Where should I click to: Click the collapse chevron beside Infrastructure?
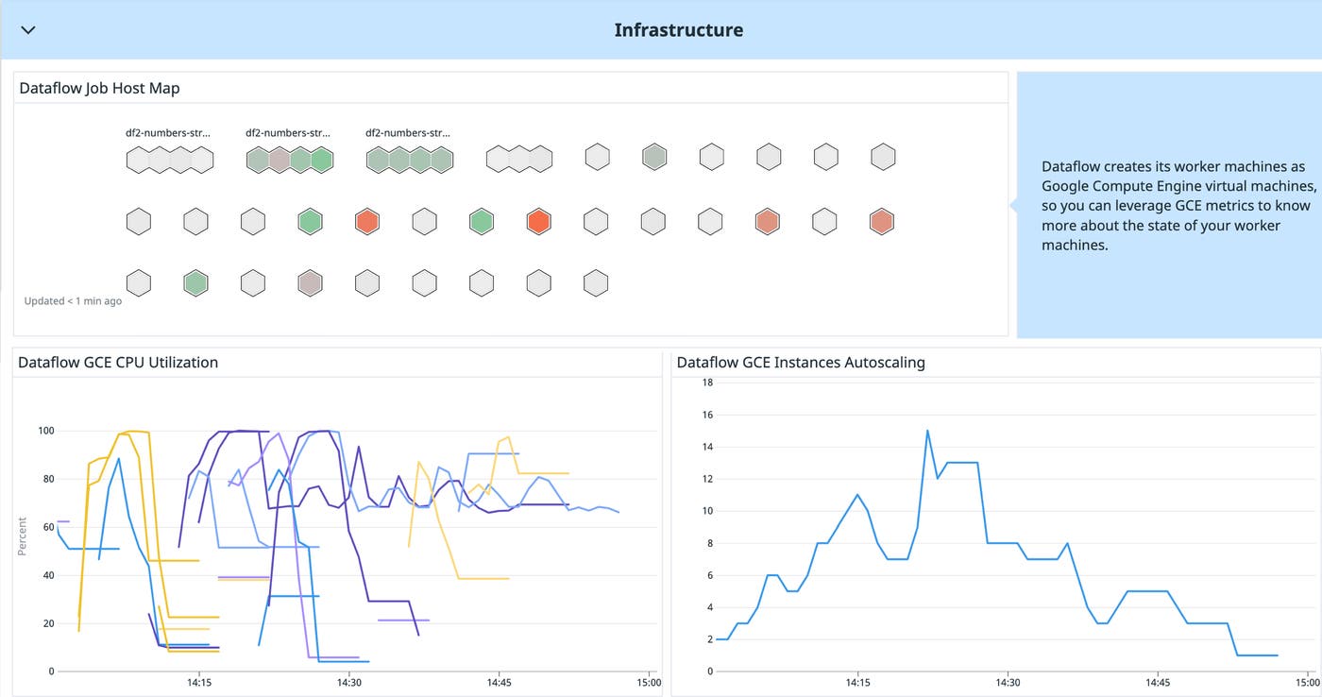[28, 30]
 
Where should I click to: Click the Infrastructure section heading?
[678, 30]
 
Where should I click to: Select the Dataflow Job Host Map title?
[99, 88]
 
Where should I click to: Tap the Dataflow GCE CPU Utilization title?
[118, 362]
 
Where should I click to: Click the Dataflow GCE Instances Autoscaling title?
[801, 362]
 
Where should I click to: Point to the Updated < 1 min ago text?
[73, 300]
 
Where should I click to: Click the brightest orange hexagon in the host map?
[538, 222]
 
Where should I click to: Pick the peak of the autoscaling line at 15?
[927, 431]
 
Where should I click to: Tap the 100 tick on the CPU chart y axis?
[44, 431]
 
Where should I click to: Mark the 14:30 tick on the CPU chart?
[348, 682]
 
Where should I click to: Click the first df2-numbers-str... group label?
[168, 133]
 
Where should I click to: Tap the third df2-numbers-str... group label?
[408, 133]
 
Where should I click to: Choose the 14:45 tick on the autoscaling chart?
[1158, 682]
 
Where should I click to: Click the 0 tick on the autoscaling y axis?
[709, 671]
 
